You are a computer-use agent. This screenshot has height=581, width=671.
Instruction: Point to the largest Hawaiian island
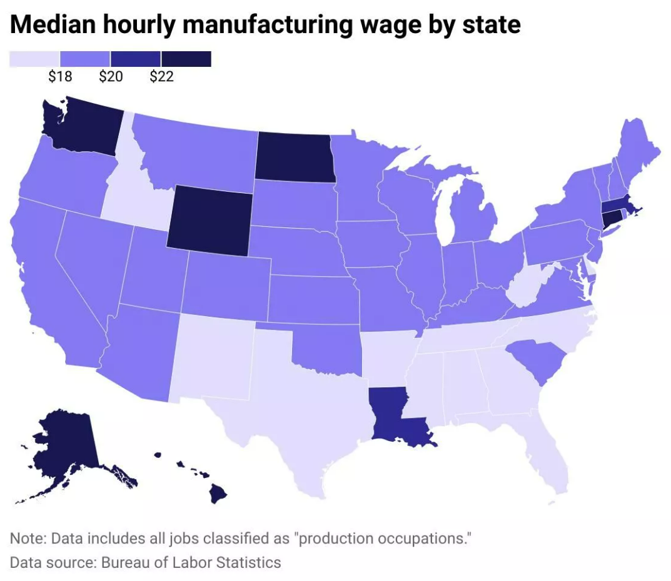(x=217, y=495)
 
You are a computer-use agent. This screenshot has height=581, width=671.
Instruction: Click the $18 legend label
(x=60, y=77)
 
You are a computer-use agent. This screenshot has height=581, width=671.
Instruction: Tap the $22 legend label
(x=161, y=77)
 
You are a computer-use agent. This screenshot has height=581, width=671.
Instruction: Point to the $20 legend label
(x=111, y=77)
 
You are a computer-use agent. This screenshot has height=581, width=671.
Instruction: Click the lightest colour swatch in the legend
(x=34, y=59)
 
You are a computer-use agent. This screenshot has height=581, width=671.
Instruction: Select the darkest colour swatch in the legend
(x=186, y=59)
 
